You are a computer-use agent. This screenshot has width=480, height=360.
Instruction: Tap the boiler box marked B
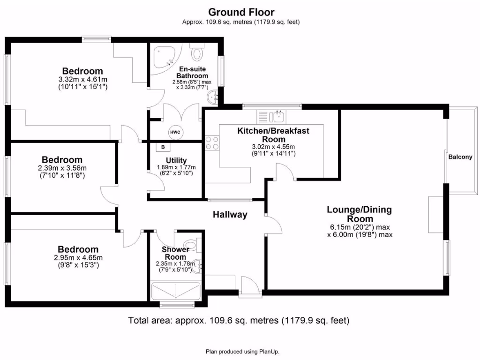coord(163,147)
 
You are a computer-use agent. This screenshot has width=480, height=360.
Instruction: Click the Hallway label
coord(230,215)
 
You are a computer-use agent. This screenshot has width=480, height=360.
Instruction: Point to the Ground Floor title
coord(241,12)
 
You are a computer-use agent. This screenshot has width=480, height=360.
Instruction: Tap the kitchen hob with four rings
coord(212,142)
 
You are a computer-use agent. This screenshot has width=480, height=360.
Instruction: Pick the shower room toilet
coord(192,244)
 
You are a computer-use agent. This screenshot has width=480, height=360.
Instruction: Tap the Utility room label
coord(176,161)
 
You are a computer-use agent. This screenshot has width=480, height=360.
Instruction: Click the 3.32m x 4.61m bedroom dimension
coord(83,79)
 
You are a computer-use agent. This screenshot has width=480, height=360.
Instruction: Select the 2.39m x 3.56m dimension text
coord(62,168)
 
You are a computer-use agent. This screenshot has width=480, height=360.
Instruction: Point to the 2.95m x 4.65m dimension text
coord(78,257)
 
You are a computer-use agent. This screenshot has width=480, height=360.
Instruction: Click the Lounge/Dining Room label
coord(359,214)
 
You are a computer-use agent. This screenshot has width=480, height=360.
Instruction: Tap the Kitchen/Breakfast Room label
coord(273,135)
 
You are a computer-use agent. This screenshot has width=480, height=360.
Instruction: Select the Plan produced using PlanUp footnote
coord(243,351)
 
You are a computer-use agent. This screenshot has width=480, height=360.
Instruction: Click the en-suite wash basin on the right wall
coord(214,97)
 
